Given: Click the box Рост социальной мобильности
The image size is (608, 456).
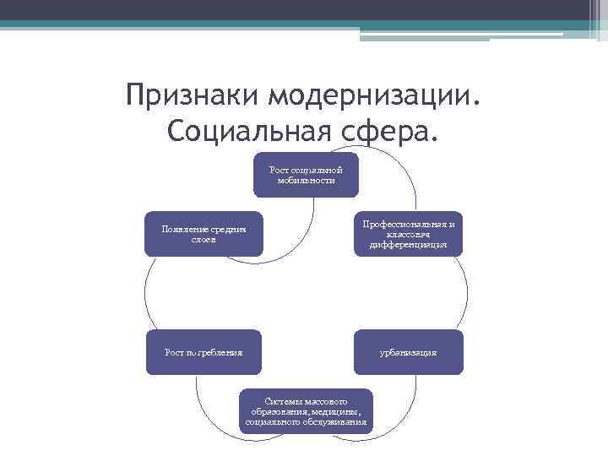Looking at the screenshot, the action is (x=306, y=175).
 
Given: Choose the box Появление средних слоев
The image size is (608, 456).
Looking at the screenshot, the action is (x=203, y=233).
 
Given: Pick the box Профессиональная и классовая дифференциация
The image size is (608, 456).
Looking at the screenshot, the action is (x=409, y=234).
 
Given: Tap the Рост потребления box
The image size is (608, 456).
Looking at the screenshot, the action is (x=203, y=351).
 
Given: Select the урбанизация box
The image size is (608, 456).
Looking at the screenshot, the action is (x=409, y=351).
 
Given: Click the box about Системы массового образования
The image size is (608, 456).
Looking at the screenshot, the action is (x=306, y=410).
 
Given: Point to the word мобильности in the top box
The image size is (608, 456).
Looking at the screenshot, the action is (x=306, y=181).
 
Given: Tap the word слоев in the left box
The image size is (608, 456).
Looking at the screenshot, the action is (x=203, y=239).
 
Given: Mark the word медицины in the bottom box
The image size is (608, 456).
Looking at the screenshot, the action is (x=339, y=411).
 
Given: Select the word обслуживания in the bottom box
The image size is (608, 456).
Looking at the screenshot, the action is (x=334, y=421).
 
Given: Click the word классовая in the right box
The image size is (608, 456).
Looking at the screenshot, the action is (x=409, y=235).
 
